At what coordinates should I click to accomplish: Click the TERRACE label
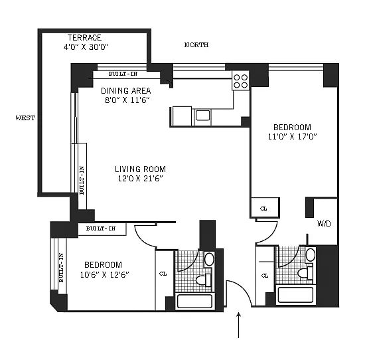point(84,38)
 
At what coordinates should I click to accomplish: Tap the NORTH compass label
point(196,45)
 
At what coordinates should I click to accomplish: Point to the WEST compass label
point(25,118)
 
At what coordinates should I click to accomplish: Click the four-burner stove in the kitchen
point(240,81)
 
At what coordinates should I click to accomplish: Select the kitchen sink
point(202,116)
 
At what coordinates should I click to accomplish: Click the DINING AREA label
point(126,90)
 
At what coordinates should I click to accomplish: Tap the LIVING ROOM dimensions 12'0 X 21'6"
point(141,179)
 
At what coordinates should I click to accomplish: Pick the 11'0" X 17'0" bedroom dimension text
point(292,137)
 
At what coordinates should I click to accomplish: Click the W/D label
point(324,223)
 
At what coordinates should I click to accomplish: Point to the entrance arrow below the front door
point(239,325)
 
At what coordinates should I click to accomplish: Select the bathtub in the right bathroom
point(295,294)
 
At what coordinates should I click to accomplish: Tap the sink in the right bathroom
point(310,254)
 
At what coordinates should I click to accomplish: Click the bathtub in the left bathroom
point(194,301)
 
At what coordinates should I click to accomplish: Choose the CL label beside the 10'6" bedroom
point(163,274)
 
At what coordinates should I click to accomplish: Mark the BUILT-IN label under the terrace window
point(123,74)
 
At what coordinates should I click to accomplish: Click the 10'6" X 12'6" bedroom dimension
point(105,275)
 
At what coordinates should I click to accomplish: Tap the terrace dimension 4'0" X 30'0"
point(86,47)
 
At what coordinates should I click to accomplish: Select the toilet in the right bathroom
point(305,273)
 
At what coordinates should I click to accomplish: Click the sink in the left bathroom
point(209,259)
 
